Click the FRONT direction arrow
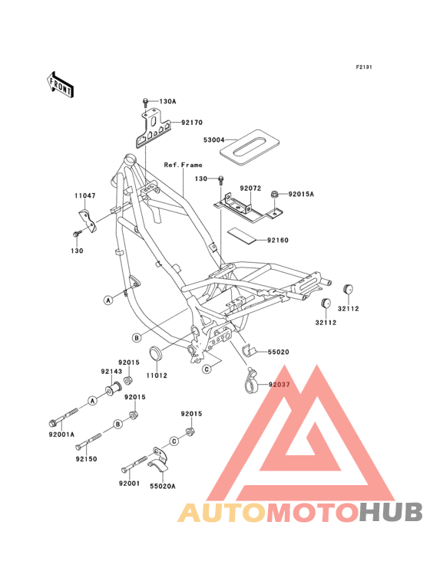pyautogui.click(x=60, y=85)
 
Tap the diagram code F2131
pyautogui.click(x=364, y=67)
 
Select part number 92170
pyautogui.click(x=192, y=123)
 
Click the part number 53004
pyautogui.click(x=214, y=140)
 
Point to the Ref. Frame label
pyautogui.click(x=183, y=165)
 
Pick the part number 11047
pyautogui.click(x=85, y=195)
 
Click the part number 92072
pyautogui.click(x=250, y=189)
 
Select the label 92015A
pyautogui.click(x=301, y=194)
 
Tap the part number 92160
pyautogui.click(x=278, y=240)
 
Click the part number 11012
pyautogui.click(x=157, y=376)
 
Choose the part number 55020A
pyautogui.click(x=163, y=486)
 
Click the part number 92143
pyautogui.click(x=111, y=372)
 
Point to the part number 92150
pyautogui.click(x=86, y=459)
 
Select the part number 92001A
pyautogui.click(x=61, y=435)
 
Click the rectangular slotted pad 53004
pyautogui.click(x=250, y=147)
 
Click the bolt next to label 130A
pyautogui.click(x=145, y=103)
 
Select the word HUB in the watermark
pyautogui.click(x=392, y=513)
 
